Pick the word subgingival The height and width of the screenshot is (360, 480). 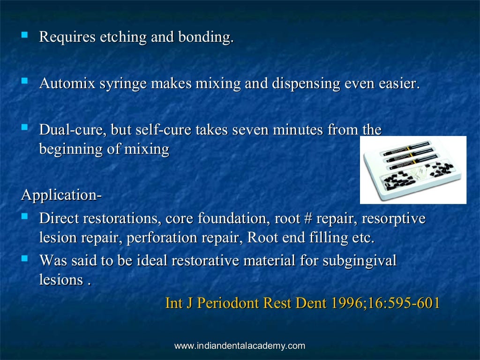coord(360,261)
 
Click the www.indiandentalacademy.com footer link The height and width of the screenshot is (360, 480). coord(240,346)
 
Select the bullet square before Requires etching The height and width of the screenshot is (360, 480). coord(24,35)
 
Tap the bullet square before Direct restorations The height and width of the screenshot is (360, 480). coord(24,217)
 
